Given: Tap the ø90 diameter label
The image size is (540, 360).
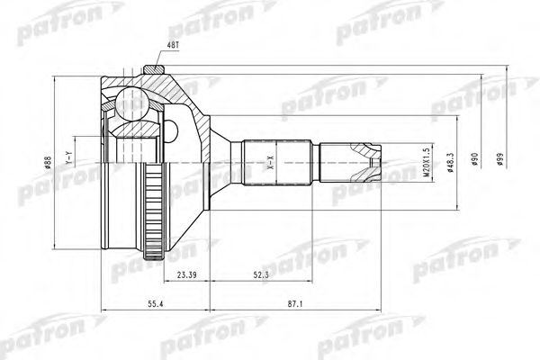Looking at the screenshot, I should (473, 160).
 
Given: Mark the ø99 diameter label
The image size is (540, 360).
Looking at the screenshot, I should (499, 158).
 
